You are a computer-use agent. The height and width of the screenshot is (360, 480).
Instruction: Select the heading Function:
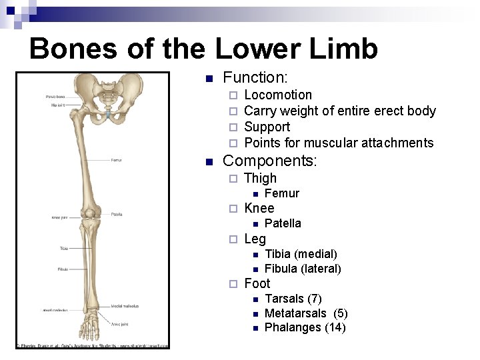click(255, 78)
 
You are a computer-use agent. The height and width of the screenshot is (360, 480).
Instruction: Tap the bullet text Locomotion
click(278, 95)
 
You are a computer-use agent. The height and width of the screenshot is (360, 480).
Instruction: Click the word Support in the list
click(267, 127)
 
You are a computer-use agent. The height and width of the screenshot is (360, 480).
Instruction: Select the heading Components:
click(270, 161)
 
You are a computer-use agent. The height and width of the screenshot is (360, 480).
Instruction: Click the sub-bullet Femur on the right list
click(282, 193)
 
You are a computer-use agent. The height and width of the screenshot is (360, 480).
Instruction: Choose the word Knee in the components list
click(259, 208)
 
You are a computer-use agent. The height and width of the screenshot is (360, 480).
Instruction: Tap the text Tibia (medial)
click(301, 254)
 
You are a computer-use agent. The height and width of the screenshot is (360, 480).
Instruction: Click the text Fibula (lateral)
click(303, 269)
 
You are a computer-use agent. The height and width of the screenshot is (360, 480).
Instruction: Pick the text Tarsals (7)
click(293, 299)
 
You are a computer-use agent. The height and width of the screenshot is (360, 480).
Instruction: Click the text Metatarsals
click(295, 313)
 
